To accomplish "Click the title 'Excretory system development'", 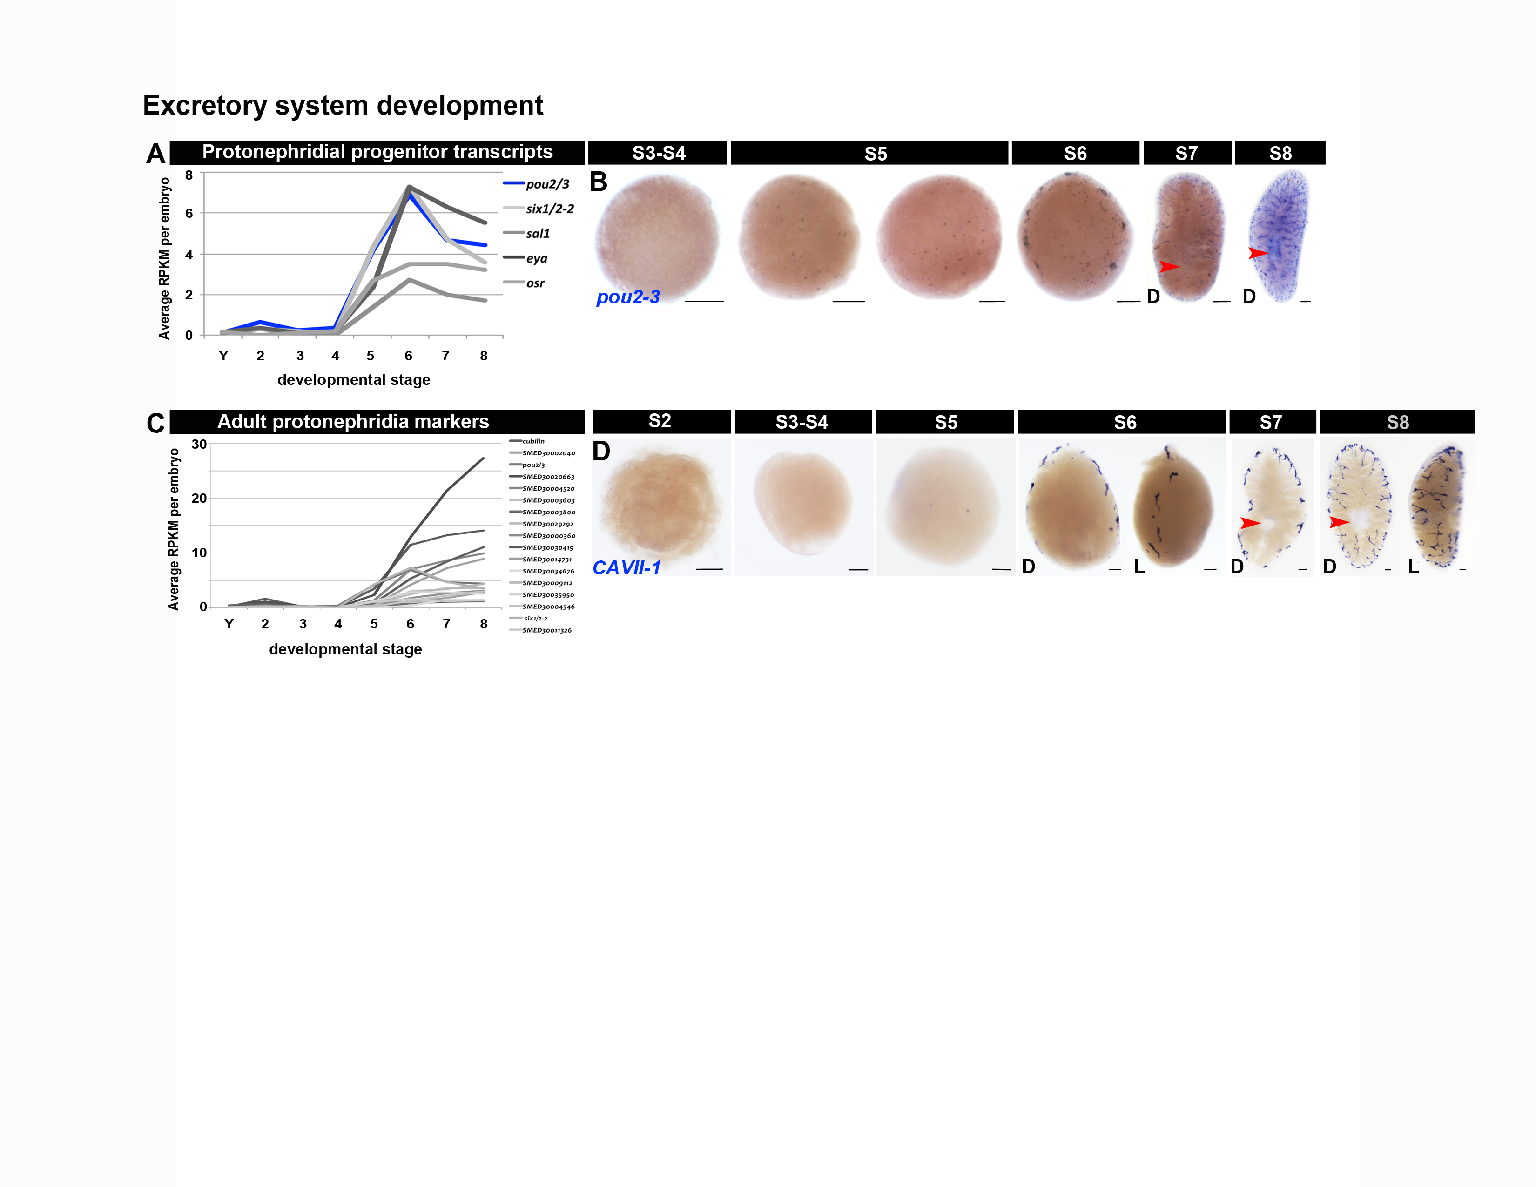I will coord(343,106).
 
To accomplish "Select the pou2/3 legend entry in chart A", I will coord(546,184).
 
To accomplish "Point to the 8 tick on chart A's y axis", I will coord(189,175).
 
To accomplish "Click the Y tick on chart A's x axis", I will coord(223,356).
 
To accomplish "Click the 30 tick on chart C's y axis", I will coord(199,445).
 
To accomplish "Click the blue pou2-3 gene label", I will coord(627,297).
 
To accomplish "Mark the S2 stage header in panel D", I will coord(660,421).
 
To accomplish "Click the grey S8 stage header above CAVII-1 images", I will coord(1397,423).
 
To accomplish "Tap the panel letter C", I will coord(155,423).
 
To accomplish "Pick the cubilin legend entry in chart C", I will coord(533,442).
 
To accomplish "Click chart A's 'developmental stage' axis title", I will coord(354,380).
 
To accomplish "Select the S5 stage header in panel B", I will coord(876,153).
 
